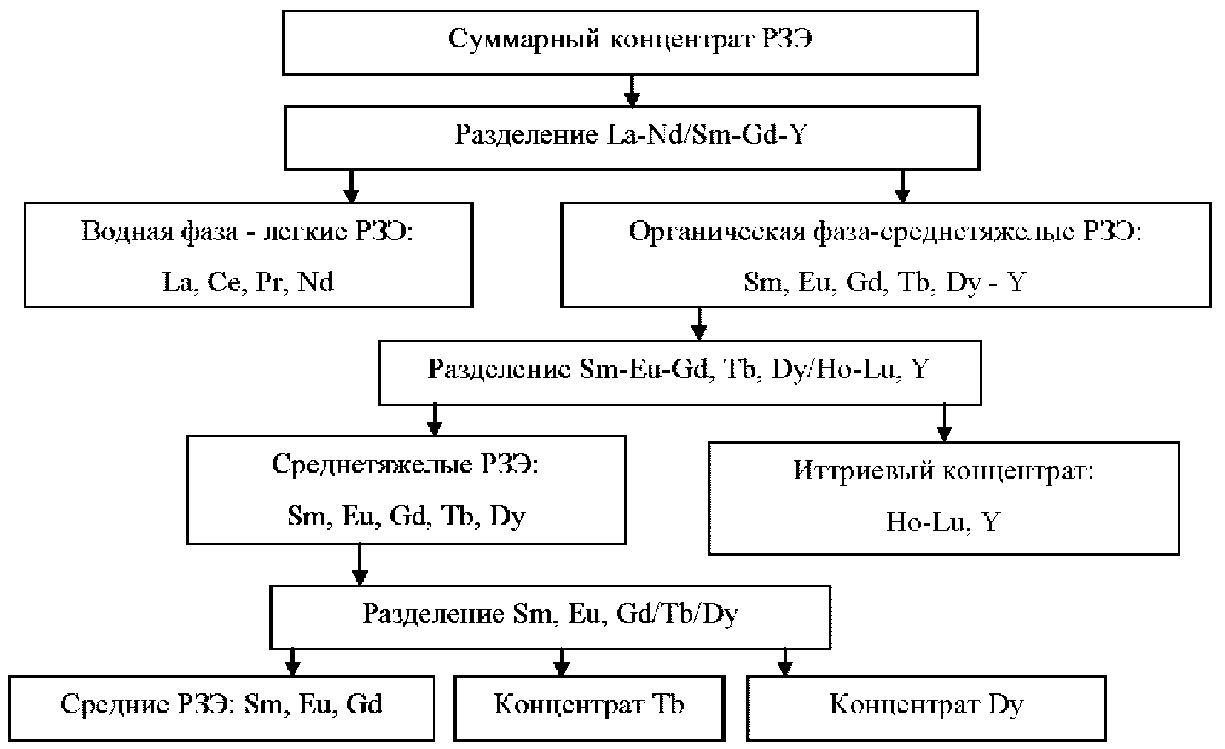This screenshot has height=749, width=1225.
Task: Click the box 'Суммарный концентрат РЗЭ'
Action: coord(630,41)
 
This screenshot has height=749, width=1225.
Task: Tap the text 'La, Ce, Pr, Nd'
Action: coord(248,282)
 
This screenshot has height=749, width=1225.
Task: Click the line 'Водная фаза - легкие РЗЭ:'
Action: coord(248,232)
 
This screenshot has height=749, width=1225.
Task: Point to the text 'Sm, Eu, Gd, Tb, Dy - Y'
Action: coord(885,282)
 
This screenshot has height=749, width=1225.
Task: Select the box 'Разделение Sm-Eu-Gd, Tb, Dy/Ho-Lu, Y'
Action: coord(679,370)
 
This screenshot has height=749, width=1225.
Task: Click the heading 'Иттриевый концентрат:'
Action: coord(943,472)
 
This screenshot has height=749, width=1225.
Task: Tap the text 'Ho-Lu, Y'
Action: coord(943,523)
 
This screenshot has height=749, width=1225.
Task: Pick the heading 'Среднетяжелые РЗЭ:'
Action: coord(406,465)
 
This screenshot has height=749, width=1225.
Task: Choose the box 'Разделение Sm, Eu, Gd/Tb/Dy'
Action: coord(550,616)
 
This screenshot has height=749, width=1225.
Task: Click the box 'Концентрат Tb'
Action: coord(589,705)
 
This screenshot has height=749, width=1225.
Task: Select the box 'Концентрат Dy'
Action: coord(926,705)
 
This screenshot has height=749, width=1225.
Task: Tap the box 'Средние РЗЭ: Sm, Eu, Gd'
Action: coord(221,705)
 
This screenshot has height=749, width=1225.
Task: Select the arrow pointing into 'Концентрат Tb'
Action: coord(561,661)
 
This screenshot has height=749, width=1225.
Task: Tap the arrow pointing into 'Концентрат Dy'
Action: coord(785,661)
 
